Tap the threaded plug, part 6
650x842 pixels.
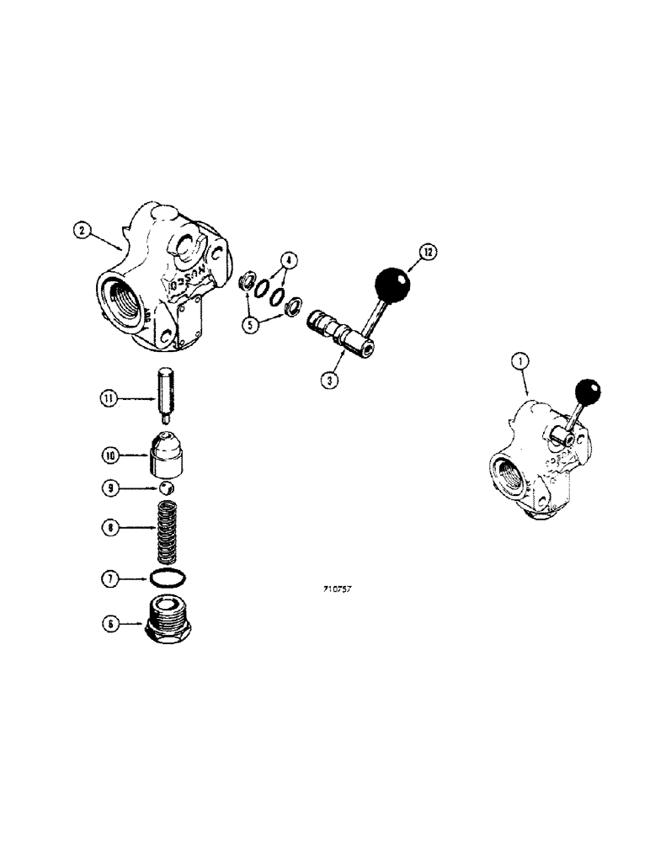pyautogui.click(x=170, y=623)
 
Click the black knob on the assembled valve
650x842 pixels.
pyautogui.click(x=587, y=393)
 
